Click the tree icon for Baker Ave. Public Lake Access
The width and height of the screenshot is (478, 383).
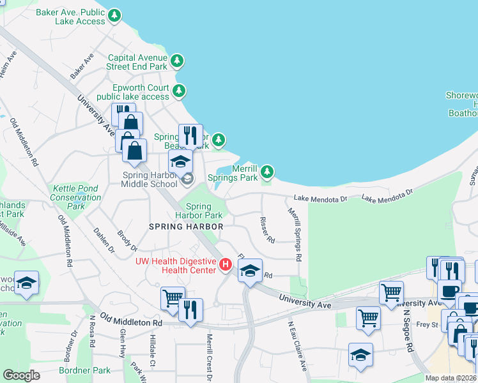click(x=114, y=15)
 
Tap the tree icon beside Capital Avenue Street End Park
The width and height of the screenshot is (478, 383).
click(x=177, y=61)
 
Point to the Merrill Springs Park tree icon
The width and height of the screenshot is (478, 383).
click(x=267, y=172)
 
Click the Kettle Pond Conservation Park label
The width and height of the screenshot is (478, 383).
click(x=76, y=197)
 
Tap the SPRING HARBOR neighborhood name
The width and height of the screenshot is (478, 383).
click(x=186, y=227)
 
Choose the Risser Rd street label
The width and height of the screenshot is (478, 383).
click(x=267, y=230)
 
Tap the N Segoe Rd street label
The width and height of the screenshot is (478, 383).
click(x=406, y=332)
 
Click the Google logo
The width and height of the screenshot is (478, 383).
click(x=21, y=375)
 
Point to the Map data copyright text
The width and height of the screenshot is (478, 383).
click(x=451, y=377)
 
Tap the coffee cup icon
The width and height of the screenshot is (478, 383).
click(x=449, y=290)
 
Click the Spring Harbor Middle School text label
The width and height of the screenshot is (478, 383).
click(x=149, y=179)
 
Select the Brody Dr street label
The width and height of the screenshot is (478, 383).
click(x=127, y=240)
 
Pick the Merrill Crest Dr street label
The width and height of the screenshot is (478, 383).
click(x=208, y=357)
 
